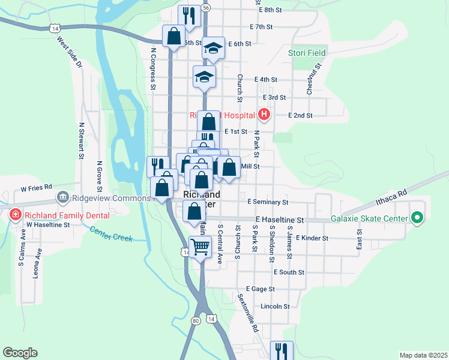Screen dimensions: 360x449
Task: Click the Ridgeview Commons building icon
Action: pos(62,197)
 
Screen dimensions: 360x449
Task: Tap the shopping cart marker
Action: pos(200,245)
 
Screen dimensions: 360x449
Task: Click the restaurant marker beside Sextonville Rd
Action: pos(282,350)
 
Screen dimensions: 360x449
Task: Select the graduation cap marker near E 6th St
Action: pos(213,47)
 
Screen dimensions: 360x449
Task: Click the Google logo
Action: pos(20,353)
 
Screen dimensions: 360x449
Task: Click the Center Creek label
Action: pos(111,234)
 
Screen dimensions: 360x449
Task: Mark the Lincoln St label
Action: pos(275,306)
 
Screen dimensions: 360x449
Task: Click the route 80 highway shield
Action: pos(196,320)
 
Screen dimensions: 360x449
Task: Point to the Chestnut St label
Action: pos(310,79)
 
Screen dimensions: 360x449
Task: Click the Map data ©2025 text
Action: pos(423,355)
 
